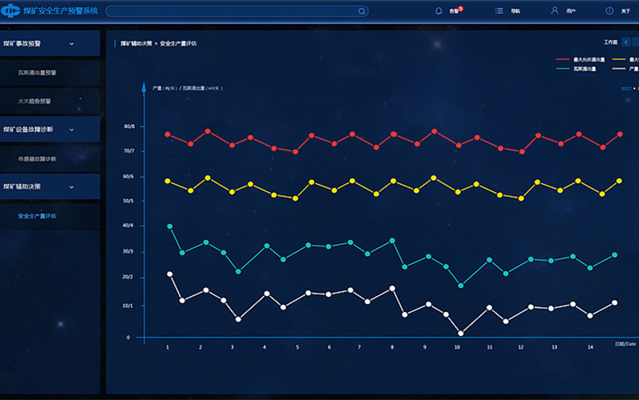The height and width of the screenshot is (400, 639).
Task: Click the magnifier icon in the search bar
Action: tap(362, 11)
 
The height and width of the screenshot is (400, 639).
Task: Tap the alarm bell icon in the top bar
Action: tap(439, 11)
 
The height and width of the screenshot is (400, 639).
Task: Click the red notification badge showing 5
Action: tap(461, 8)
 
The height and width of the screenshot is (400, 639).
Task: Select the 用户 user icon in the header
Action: tap(554, 11)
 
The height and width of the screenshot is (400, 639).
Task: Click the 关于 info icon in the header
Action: tap(609, 11)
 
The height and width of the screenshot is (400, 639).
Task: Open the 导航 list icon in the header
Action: tap(499, 11)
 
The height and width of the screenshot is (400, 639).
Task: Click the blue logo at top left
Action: tap(12, 11)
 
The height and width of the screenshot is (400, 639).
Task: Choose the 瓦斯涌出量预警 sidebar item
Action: tap(38, 72)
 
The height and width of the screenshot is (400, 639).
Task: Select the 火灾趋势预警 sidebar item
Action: tap(34, 102)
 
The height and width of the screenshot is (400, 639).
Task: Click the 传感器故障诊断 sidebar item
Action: tap(38, 158)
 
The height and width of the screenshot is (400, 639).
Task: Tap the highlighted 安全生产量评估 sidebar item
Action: tap(38, 216)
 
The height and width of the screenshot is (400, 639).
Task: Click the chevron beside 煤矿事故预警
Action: tap(71, 44)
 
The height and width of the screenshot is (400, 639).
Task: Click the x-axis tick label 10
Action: tap(457, 347)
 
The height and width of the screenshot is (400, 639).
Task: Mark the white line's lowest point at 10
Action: tap(461, 333)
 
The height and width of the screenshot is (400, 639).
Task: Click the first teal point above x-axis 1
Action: tap(169, 226)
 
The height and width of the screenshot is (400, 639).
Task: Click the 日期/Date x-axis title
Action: tap(625, 344)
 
